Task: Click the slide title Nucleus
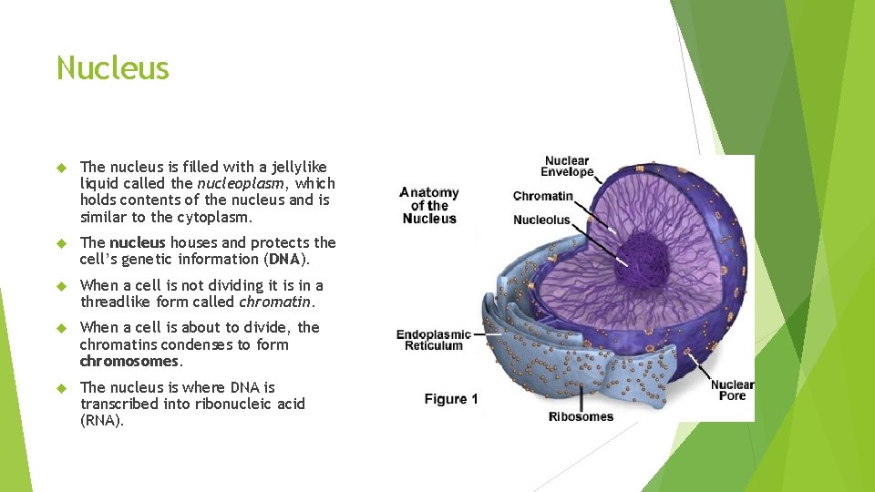113,68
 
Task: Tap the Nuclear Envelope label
567,167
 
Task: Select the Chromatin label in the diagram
543,196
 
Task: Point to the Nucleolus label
541,220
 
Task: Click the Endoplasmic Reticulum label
434,340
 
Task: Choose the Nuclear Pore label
732,390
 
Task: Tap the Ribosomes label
581,417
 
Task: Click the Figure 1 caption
451,399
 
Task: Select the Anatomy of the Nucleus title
429,206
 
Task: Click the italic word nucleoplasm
241,183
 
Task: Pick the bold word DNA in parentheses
297,259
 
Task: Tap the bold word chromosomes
128,361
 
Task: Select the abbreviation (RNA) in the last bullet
101,421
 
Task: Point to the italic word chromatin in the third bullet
275,302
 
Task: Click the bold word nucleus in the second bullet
138,242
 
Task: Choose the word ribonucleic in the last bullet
219,404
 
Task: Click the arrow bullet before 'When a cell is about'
62,328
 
